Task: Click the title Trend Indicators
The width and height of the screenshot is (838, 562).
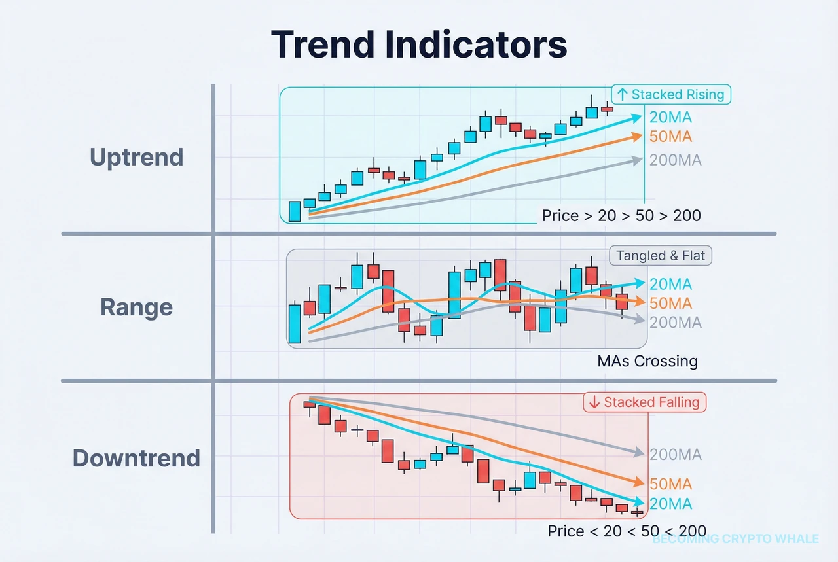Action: coord(419,44)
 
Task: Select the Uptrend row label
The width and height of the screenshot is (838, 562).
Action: coord(136,157)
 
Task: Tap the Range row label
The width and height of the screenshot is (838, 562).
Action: coord(136,307)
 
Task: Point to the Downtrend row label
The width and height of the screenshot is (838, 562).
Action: coord(136,457)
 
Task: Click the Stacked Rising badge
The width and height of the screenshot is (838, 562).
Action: coord(671,94)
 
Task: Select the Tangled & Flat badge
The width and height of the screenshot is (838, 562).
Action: coord(661,256)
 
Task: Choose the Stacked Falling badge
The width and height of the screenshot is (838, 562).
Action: coord(645,402)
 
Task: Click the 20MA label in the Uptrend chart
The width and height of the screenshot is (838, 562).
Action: coord(670,118)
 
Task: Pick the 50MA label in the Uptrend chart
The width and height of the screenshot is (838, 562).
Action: coord(670,137)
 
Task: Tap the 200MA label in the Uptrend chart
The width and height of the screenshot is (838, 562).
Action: coord(675,160)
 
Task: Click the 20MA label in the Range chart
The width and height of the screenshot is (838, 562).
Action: coord(670,285)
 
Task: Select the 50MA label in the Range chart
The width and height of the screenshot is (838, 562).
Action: coord(670,303)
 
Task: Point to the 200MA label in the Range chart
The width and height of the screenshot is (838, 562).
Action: coord(675,323)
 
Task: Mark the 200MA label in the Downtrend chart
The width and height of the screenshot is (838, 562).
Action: coord(675,455)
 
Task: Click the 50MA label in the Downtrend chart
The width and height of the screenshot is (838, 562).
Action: coord(670,485)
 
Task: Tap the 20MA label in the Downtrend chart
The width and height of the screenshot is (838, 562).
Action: coord(670,504)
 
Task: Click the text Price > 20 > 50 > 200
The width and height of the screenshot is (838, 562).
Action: coord(621,215)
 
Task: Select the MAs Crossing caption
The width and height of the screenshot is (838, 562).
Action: coord(647,360)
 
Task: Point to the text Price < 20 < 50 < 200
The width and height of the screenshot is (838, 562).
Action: coord(627,531)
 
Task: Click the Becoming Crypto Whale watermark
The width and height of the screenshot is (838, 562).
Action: coord(735,539)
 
